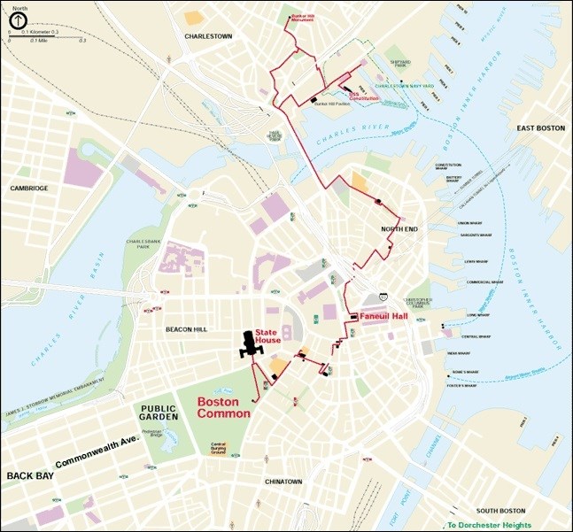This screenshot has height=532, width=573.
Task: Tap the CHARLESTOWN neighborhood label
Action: click(208, 36)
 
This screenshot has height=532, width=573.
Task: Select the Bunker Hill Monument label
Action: click(303, 17)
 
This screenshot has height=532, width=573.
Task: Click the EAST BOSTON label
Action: click(540, 128)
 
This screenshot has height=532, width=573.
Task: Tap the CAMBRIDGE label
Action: click(29, 188)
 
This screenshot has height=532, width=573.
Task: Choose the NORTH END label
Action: click(399, 229)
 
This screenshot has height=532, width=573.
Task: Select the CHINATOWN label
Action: click(283, 482)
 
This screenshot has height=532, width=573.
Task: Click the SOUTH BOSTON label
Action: click(500, 511)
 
